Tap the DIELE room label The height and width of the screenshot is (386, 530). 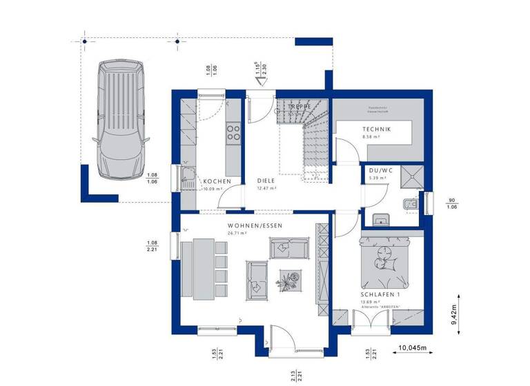266,181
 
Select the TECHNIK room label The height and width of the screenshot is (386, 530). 377,130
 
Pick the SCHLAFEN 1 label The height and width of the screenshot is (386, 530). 380,294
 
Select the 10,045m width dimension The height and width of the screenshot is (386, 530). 413,348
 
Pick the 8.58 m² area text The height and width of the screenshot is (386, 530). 373,137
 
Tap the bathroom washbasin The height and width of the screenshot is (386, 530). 381,220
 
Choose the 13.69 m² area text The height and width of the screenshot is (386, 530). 372,301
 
